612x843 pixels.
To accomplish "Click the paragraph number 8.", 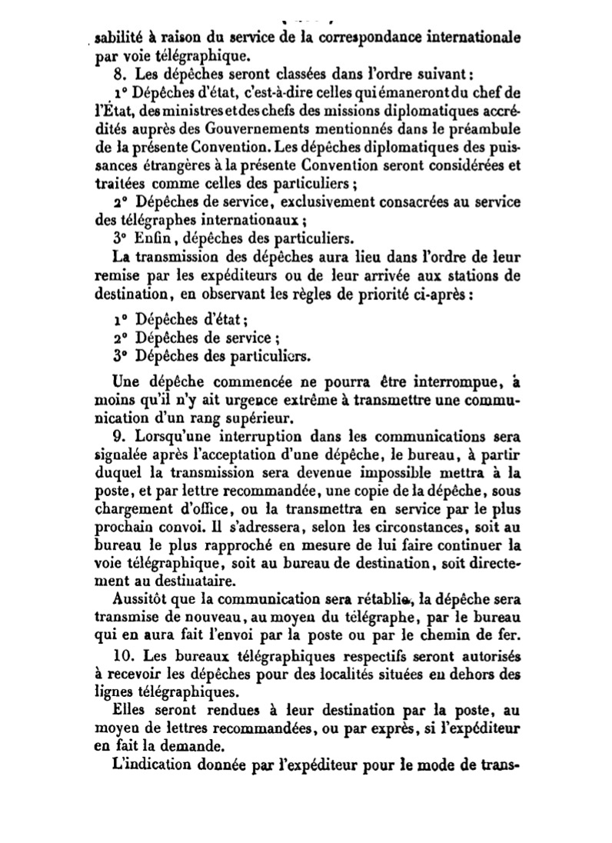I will [118, 75].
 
